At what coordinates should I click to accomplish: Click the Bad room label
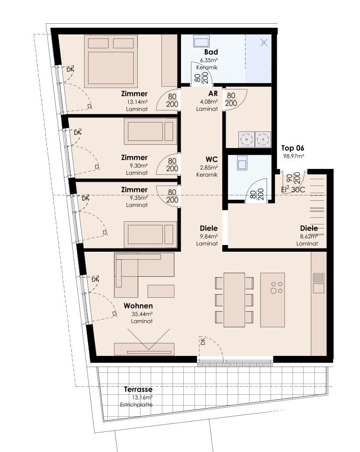coord(211,52)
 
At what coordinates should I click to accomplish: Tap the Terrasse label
coord(138,389)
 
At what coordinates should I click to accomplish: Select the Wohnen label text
coord(138,306)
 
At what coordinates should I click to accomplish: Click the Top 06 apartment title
coord(292,148)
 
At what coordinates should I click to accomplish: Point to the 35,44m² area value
coord(142,314)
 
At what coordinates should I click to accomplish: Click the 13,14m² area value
coord(137,102)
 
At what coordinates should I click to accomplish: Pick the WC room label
coord(212,160)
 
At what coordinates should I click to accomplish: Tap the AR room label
coord(213,94)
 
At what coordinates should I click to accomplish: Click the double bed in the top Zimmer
coord(111,61)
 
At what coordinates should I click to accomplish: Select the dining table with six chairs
coord(234,300)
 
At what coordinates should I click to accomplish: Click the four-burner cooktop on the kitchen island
coord(276,287)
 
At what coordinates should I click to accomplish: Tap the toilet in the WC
coord(242,163)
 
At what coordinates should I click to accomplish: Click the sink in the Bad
coord(201,42)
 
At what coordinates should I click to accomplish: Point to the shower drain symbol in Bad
coord(263,42)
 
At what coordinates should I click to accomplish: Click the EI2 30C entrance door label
coord(293,190)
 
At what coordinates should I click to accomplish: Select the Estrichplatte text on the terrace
coord(136,405)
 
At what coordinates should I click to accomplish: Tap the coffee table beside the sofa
coord(161,291)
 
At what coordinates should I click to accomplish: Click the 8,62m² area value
coord(309,237)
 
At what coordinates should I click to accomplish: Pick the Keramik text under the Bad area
coord(207,68)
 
